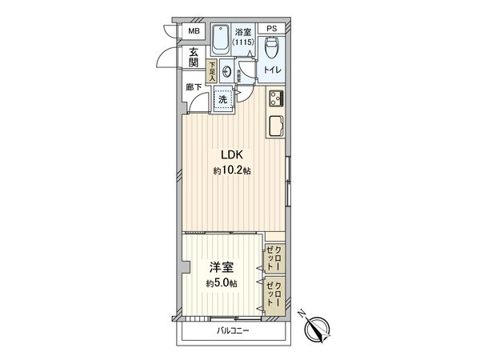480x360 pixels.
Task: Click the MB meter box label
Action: pyautogui.click(x=193, y=32)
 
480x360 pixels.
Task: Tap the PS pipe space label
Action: pyautogui.click(x=272, y=30)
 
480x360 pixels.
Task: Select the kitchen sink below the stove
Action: pyautogui.click(x=276, y=126)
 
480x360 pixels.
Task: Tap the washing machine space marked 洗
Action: pyautogui.click(x=223, y=100)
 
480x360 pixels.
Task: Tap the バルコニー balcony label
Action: pyautogui.click(x=231, y=330)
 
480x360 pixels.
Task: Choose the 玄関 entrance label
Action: pyautogui.click(x=193, y=58)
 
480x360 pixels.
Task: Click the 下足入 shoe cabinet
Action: pyautogui.click(x=212, y=72)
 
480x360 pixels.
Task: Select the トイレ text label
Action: pyautogui.click(x=273, y=71)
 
